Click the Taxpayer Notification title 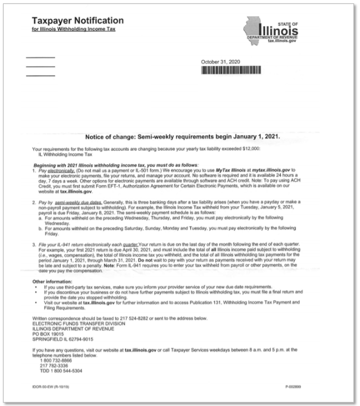click(78, 21)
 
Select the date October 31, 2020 click(220, 62)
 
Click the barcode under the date click(231, 70)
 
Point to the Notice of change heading click(183, 137)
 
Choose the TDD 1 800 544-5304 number click(61, 370)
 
